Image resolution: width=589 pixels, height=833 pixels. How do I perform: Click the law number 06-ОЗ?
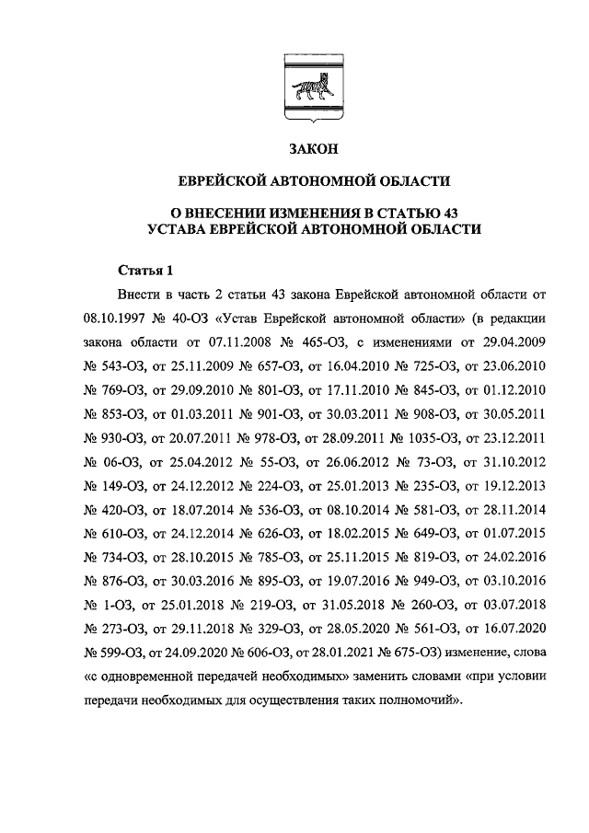tap(122, 461)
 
